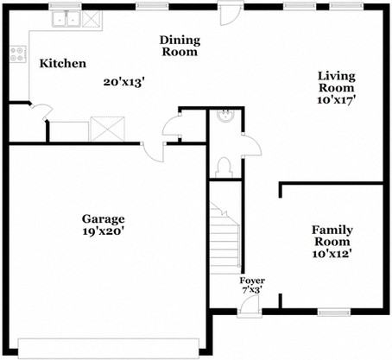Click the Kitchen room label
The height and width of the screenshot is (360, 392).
pyautogui.click(x=63, y=64)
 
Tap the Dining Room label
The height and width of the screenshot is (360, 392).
pyautogui.click(x=179, y=46)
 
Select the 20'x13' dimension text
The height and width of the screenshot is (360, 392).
pyautogui.click(x=123, y=82)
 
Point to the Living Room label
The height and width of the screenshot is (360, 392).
pyautogui.click(x=337, y=81)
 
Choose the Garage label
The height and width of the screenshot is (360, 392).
pyautogui.click(x=104, y=218)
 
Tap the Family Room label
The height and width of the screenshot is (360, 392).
pyautogui.click(x=332, y=236)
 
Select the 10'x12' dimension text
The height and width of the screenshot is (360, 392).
pyautogui.click(x=332, y=254)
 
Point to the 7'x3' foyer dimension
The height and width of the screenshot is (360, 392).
pyautogui.click(x=252, y=292)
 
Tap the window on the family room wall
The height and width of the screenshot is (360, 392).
pyautogui.click(x=332, y=311)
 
